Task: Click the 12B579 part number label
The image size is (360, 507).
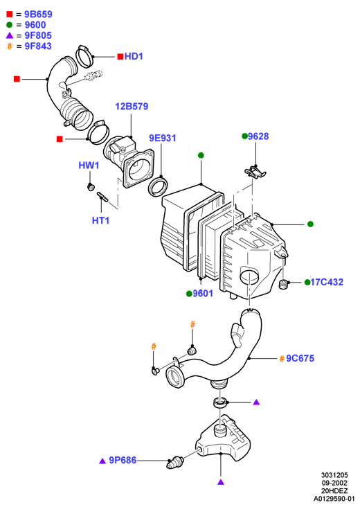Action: pyautogui.click(x=132, y=107)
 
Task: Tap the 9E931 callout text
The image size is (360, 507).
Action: pyautogui.click(x=162, y=138)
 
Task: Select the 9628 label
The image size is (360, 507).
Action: pyautogui.click(x=258, y=136)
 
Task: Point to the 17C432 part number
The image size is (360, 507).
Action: pyautogui.click(x=327, y=283)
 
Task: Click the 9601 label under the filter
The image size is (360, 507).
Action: pyautogui.click(x=203, y=294)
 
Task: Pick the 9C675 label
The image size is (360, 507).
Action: pyautogui.click(x=300, y=358)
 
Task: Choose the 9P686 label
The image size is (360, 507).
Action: pyautogui.click(x=123, y=460)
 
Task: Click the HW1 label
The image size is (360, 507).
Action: pyautogui.click(x=89, y=166)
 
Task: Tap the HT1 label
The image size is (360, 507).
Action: pyautogui.click(x=100, y=220)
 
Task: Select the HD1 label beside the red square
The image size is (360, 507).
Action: pyautogui.click(x=134, y=56)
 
